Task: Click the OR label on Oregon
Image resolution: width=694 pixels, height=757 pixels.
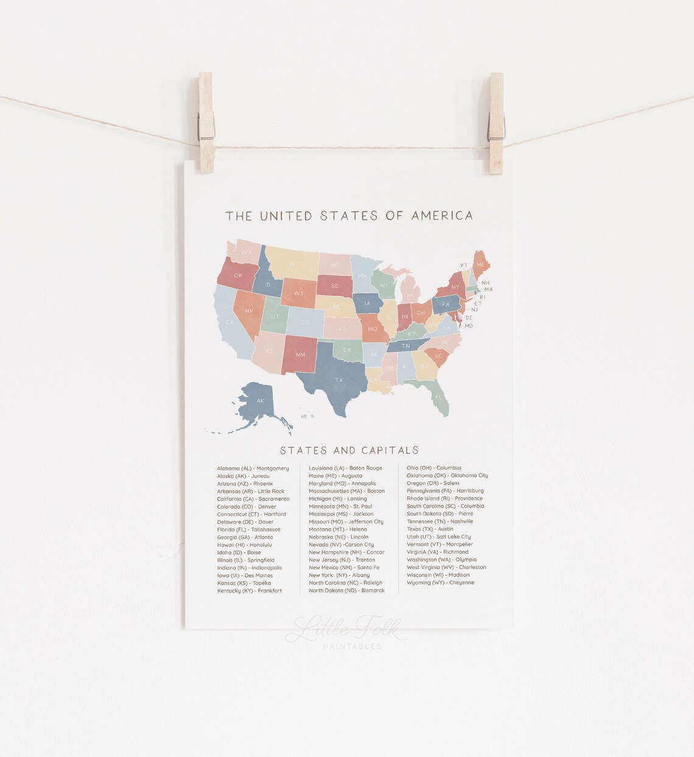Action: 238,276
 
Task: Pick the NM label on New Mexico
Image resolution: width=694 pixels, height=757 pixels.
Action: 300,355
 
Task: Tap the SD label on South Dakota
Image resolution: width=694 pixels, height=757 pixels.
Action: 335,285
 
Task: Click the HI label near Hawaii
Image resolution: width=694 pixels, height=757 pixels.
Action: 304,417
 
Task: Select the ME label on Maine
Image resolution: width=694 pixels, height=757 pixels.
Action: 480,265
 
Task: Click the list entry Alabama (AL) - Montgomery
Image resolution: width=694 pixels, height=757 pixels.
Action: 253,469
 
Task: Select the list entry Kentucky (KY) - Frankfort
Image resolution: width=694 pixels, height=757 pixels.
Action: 249,591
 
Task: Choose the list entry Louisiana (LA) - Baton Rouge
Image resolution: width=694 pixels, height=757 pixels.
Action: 345,468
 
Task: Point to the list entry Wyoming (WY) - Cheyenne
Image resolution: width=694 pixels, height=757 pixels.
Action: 440,582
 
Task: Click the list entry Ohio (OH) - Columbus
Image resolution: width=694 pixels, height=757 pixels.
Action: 434,468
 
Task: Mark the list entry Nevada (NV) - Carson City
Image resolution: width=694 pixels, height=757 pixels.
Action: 341,545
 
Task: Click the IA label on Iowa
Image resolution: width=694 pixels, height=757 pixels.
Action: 367,304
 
